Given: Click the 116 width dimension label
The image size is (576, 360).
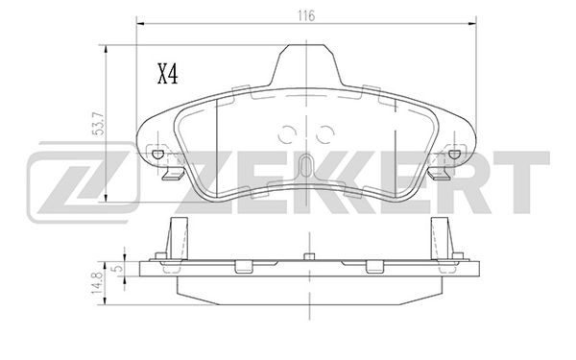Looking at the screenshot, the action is (306, 15).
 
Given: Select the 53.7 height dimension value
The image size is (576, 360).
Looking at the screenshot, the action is (100, 123).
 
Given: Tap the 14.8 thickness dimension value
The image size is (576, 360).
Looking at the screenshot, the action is (97, 282).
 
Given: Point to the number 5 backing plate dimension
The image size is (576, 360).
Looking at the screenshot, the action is (118, 268).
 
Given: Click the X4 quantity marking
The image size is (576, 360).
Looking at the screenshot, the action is (167, 74).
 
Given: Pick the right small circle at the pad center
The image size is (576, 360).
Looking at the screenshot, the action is (324, 134).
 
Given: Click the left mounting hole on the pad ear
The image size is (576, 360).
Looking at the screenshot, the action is (158, 155).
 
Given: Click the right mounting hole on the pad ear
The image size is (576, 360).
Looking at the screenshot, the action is (454, 155).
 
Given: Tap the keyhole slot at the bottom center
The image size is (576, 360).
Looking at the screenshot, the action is (306, 166).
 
